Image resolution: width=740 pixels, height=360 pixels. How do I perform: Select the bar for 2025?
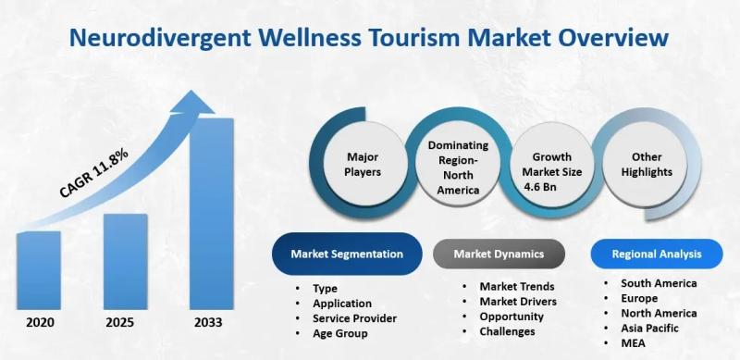pos(125,263)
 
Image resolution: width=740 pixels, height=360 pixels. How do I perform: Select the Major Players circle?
pos(364,164)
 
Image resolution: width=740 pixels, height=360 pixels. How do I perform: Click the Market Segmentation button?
pos(347,253)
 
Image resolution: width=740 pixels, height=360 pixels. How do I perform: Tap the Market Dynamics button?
pos(499,253)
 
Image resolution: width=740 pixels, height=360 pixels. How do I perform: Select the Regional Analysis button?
pos(656,253)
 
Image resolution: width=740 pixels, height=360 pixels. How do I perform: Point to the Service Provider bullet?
pos(354,317)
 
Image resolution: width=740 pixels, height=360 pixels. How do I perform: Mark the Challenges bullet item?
pos(508,331)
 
